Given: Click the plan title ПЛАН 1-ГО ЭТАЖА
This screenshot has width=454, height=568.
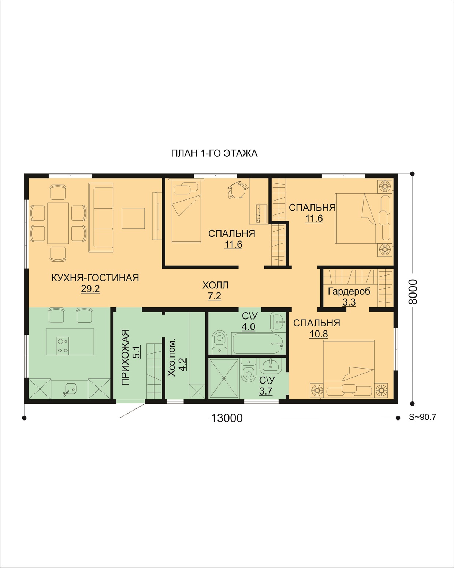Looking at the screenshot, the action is (214, 153).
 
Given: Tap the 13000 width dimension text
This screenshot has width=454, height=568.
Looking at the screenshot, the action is (227, 418).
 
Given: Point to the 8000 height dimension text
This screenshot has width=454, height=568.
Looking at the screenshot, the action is (413, 292).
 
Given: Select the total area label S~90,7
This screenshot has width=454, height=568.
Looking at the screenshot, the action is (423, 417).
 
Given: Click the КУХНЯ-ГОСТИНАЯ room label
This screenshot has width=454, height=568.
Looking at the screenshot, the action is (95, 278).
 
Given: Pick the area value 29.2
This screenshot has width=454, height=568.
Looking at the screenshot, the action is (90, 289).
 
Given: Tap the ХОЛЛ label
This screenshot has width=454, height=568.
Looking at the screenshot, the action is (215, 285).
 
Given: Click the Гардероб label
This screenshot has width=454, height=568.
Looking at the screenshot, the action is (349, 291).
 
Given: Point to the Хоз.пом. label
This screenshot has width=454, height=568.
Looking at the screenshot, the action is (172, 358).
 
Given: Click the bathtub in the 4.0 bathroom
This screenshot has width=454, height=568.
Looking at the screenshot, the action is (258, 343).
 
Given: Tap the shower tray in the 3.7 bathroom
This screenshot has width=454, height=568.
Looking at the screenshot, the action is (224, 378).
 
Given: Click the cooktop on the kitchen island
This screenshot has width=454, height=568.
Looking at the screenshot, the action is (63, 345).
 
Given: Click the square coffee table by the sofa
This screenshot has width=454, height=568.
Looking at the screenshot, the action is (133, 218).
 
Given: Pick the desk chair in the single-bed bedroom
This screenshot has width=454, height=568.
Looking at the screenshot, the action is (238, 189).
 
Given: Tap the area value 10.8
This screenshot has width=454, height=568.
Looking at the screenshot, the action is (319, 334).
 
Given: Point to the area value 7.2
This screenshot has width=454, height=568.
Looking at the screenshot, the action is (214, 296).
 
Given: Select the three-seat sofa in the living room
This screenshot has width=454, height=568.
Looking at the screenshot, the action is (101, 217).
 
